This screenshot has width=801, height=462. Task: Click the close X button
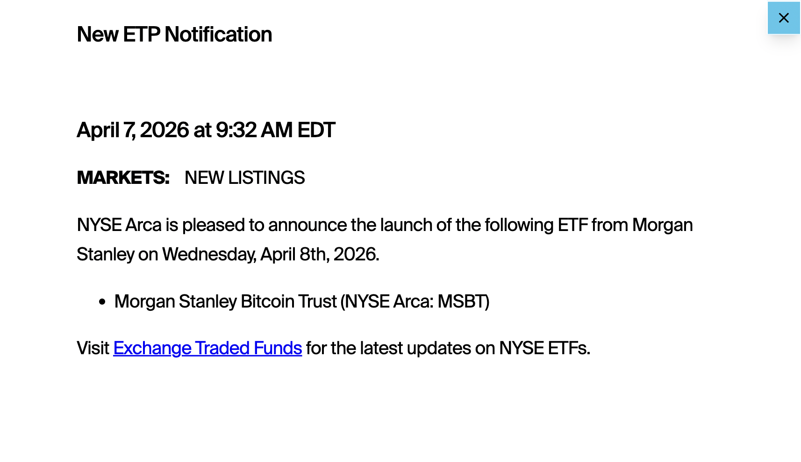784,18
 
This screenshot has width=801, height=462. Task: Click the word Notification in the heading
218,35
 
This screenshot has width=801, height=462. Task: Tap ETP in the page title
141,35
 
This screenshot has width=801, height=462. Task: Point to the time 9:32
236,130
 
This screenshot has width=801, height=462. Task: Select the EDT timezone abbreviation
316,130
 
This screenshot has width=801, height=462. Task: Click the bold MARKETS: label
123,178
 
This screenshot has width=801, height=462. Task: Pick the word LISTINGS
266,178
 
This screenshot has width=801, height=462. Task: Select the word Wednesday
209,255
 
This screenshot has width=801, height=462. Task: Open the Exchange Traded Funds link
207,349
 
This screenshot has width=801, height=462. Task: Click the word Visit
93,349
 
